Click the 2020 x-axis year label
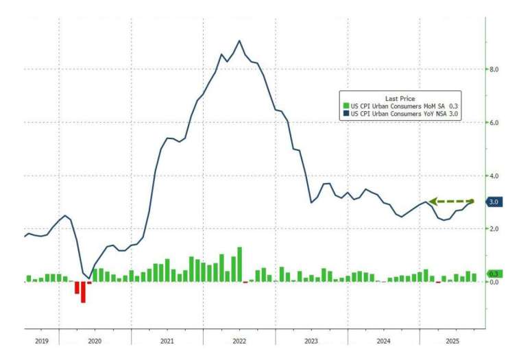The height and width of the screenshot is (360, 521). click(95, 341)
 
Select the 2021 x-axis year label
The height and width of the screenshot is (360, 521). click(167, 341)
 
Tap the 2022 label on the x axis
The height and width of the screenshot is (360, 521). click(239, 341)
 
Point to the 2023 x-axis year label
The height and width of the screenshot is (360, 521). click(311, 341)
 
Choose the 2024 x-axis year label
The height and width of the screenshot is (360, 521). click(383, 341)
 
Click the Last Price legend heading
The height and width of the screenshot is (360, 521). click(400, 98)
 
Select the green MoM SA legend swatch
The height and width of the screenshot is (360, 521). click(346, 106)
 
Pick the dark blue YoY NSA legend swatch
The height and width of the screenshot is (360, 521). click(346, 114)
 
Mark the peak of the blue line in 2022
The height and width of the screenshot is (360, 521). click(239, 40)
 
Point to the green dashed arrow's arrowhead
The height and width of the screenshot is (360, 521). click(432, 202)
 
